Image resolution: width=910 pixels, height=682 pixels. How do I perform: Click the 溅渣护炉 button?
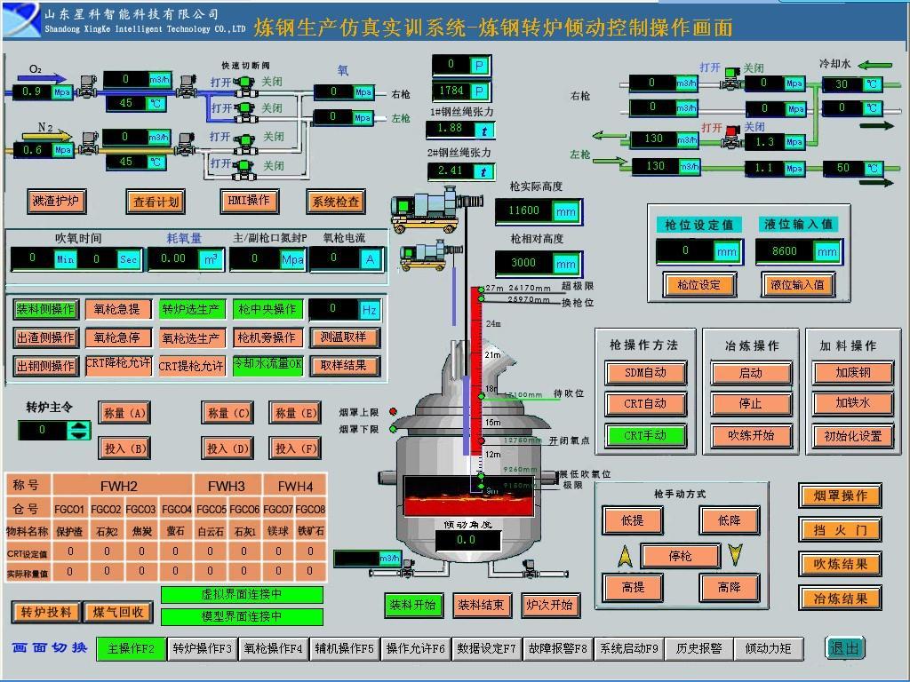(x=55, y=202)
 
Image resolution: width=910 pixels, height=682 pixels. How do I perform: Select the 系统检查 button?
(x=336, y=202)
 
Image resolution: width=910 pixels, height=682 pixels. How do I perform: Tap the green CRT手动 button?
(x=645, y=435)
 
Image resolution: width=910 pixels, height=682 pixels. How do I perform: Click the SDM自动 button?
(x=645, y=372)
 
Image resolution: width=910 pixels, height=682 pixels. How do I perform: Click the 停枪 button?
(x=680, y=556)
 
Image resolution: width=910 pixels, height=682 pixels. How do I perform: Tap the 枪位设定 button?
(x=699, y=285)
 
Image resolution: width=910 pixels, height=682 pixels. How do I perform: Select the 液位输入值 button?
(x=797, y=285)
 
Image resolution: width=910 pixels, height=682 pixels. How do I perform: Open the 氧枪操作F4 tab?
(x=273, y=649)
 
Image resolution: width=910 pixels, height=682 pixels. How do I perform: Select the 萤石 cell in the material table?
(x=176, y=531)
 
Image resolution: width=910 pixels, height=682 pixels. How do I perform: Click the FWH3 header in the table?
(x=227, y=486)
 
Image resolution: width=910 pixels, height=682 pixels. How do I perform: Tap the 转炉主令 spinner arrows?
(x=80, y=431)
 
